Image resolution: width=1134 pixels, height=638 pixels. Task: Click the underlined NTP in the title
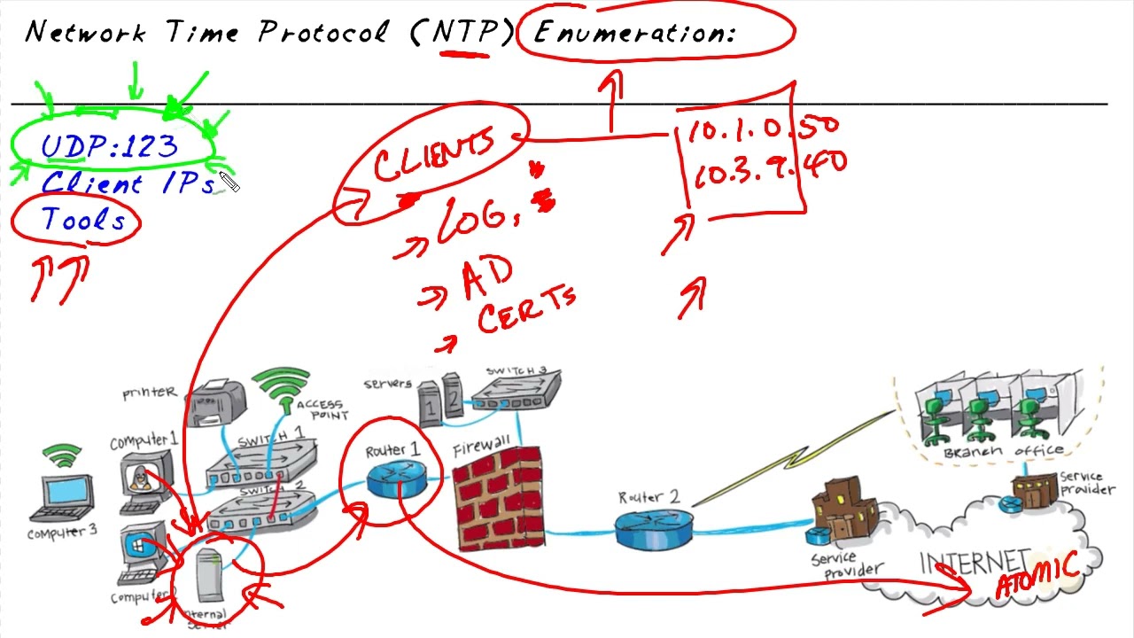462,34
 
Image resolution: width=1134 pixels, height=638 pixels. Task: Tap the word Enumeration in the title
634,34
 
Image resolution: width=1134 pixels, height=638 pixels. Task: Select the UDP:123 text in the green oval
110,146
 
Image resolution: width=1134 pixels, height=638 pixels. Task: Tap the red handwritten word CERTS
526,310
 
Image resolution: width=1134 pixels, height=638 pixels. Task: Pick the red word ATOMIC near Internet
1037,577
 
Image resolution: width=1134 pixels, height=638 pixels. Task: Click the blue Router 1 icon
394,479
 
